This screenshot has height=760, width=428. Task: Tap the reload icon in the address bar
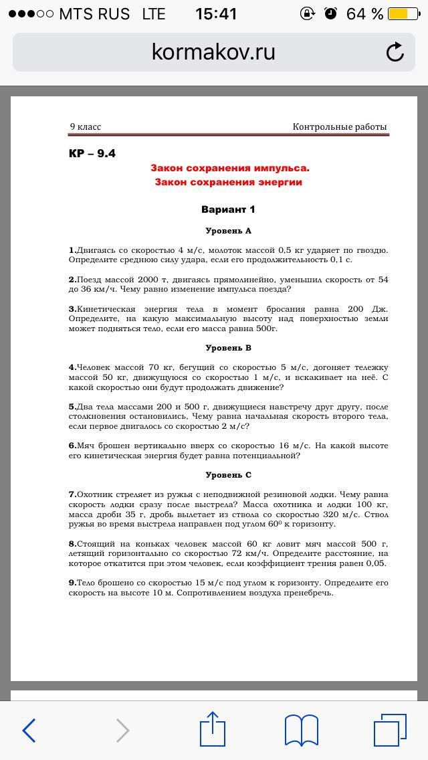pyautogui.click(x=395, y=52)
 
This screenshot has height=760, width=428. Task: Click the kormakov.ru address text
pyautogui.click(x=213, y=52)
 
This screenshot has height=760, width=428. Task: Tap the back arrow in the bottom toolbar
pyautogui.click(x=29, y=730)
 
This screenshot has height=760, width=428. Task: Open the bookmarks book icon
pyautogui.click(x=302, y=730)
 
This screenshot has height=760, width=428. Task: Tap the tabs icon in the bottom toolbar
pyautogui.click(x=390, y=730)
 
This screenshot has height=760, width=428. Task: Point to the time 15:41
pyautogui.click(x=216, y=13)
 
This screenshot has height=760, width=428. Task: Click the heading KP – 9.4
pyautogui.click(x=92, y=153)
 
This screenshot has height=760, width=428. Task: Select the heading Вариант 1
pyautogui.click(x=228, y=209)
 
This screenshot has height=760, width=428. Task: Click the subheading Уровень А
pyautogui.click(x=228, y=231)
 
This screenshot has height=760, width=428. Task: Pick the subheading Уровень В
pyautogui.click(x=228, y=348)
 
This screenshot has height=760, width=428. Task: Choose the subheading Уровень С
pyautogui.click(x=228, y=475)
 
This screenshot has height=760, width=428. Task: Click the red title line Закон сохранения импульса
pyautogui.click(x=229, y=168)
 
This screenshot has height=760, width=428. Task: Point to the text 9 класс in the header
pyautogui.click(x=86, y=126)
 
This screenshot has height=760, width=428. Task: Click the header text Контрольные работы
pyautogui.click(x=340, y=126)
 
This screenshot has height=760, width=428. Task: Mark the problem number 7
pyautogui.click(x=72, y=494)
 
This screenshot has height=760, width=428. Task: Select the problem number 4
pyautogui.click(x=72, y=367)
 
